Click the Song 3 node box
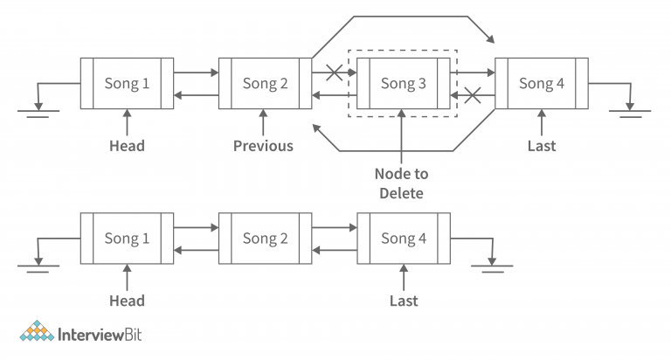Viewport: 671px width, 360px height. click(x=404, y=84)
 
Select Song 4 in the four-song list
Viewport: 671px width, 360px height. click(x=542, y=84)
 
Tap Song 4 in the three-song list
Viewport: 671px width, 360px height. click(x=404, y=239)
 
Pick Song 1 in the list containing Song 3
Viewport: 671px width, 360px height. click(x=127, y=84)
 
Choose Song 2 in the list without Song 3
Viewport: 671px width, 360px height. click(x=265, y=239)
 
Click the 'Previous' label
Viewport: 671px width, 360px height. click(x=263, y=146)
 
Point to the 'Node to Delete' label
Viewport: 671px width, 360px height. click(x=402, y=183)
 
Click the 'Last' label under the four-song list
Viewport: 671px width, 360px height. click(x=542, y=146)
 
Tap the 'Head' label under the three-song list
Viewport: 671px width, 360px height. click(x=127, y=301)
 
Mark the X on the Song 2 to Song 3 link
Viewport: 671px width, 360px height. click(x=333, y=73)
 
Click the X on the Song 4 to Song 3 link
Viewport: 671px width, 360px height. click(x=473, y=94)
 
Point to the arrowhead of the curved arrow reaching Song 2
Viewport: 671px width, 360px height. click(x=316, y=129)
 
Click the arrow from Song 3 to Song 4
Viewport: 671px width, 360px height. click(x=473, y=73)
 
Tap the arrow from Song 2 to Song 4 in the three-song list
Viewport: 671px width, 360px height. click(x=334, y=229)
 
